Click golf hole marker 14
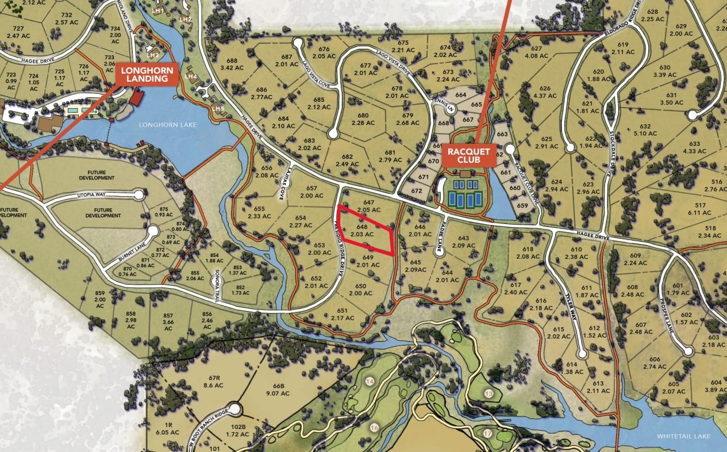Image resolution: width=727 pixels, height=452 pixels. point(370,381)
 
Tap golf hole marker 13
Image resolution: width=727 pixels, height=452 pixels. point(489,394)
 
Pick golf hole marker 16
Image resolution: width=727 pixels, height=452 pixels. point(374,427)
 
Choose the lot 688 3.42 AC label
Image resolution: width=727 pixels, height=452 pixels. point(232,63)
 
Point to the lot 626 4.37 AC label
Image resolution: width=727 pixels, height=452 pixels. point(545,92)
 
